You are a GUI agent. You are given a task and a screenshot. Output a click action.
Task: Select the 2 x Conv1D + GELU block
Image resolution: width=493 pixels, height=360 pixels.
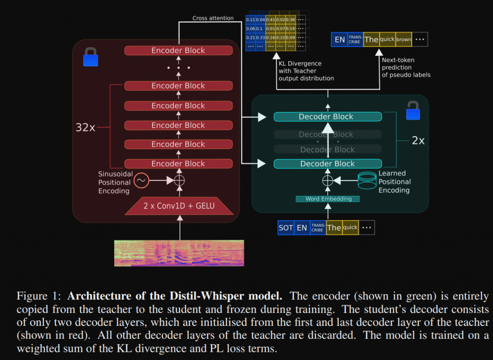click(179, 206)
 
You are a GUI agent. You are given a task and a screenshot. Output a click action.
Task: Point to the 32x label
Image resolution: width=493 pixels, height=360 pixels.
click(85, 128)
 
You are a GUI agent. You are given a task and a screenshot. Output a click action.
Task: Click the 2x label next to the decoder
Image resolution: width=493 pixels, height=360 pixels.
click(418, 141)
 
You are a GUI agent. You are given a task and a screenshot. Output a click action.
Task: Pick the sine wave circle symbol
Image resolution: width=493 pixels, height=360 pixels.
click(141, 180)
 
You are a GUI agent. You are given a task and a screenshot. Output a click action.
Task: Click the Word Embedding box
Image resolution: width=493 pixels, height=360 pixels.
click(328, 199)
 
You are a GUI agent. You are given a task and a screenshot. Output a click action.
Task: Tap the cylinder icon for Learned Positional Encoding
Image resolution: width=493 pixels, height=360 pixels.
click(367, 180)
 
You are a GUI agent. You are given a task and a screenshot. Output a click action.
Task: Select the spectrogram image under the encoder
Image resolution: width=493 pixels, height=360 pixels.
click(179, 253)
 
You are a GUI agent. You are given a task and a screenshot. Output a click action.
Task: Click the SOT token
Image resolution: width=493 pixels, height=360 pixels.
click(285, 228)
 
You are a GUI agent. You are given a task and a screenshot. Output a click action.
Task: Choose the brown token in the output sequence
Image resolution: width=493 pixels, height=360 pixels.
click(403, 39)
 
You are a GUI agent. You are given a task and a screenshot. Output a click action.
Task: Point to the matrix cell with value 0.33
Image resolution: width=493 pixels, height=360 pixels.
click(260, 37)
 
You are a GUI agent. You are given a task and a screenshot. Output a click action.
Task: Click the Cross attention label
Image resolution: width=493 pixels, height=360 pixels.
click(213, 18)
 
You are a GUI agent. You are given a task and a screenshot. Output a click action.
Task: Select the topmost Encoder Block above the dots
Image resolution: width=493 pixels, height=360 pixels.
click(178, 51)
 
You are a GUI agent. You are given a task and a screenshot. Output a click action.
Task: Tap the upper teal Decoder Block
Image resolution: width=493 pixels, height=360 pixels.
click(327, 116)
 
